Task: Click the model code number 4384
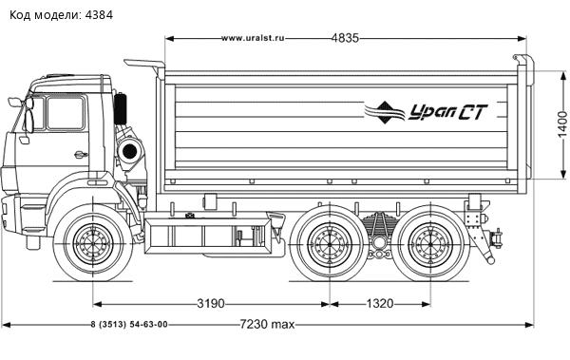(x=99, y=15)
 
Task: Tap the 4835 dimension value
(x=345, y=38)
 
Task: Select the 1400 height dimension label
(x=562, y=125)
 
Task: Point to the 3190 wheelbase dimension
(x=211, y=303)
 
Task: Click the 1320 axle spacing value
(x=379, y=303)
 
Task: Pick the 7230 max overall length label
(x=267, y=324)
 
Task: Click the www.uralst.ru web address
(x=253, y=38)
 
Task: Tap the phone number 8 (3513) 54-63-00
(x=129, y=324)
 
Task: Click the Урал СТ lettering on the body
(x=447, y=112)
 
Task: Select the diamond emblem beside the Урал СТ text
(x=386, y=112)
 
